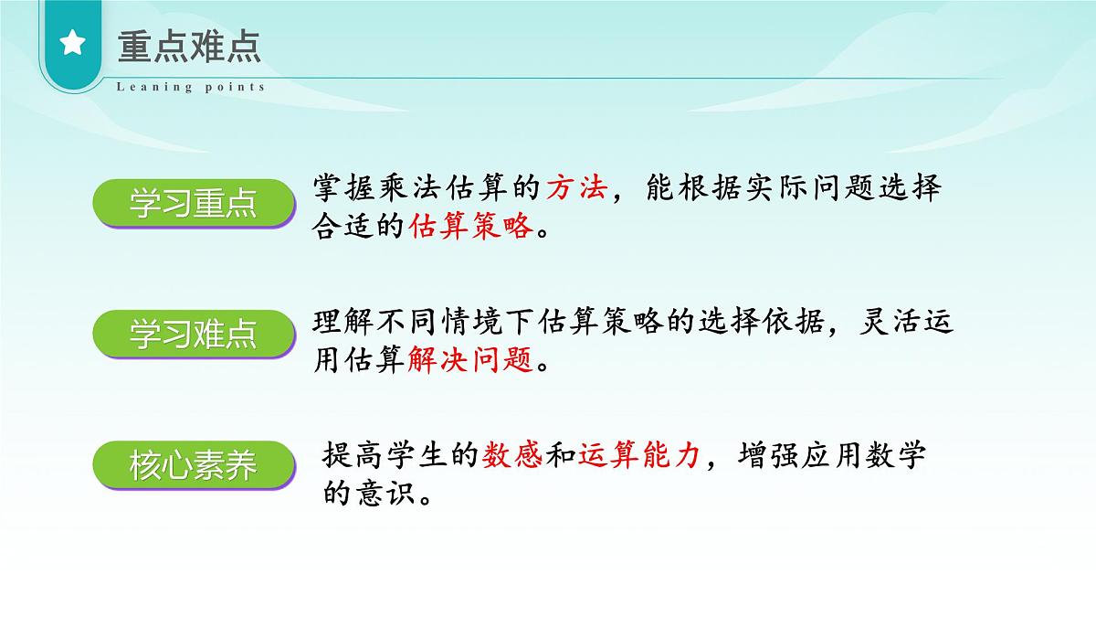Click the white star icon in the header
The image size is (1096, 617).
[x=73, y=44]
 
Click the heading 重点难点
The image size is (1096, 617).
[x=189, y=46]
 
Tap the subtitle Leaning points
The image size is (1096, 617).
[x=191, y=88]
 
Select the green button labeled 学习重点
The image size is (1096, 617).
[x=194, y=205]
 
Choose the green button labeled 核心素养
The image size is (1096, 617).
[x=194, y=466]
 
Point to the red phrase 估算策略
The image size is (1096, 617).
[x=471, y=226]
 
